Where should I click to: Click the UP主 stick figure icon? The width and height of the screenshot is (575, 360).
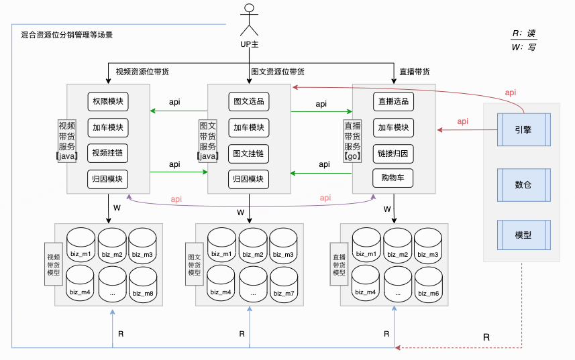point(250,20)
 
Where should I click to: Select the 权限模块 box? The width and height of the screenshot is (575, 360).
point(107,101)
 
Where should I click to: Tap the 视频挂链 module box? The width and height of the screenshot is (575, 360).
point(107,153)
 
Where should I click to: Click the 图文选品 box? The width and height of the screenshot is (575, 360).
point(248,102)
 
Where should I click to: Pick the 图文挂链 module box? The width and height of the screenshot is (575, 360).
point(248,154)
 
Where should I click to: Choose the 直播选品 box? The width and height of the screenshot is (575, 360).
point(393,101)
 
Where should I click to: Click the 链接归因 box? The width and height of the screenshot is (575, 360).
point(393,153)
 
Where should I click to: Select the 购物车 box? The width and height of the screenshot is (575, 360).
point(393,178)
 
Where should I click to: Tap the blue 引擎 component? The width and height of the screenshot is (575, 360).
point(523,129)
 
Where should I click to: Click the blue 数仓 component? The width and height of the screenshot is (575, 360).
point(523,184)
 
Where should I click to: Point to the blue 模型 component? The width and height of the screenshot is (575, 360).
point(523,235)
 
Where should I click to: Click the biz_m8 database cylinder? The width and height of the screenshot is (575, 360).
point(142,284)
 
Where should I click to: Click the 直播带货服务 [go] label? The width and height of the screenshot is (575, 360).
point(352,141)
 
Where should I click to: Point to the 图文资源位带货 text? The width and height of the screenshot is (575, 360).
point(278,72)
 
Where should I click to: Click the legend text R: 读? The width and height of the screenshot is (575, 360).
point(524,34)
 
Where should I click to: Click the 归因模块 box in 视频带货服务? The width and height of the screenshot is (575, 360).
point(107,179)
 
